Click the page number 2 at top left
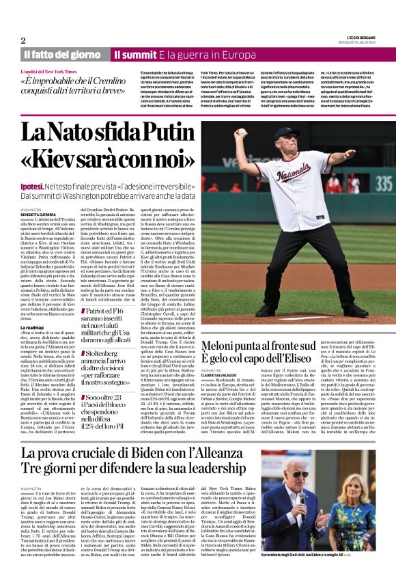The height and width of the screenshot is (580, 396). [x=23, y=40]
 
